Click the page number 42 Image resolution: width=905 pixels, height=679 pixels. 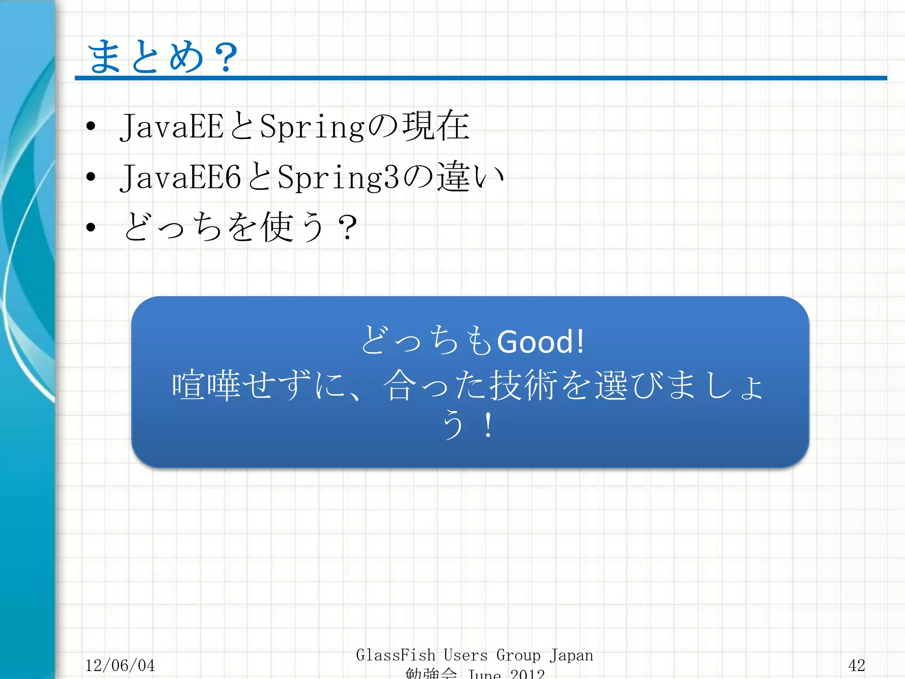pos(856,665)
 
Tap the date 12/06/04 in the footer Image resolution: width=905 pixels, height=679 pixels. pos(120,665)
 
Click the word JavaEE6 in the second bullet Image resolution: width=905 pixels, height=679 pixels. pos(180,177)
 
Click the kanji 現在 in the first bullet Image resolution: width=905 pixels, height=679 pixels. pos(436,126)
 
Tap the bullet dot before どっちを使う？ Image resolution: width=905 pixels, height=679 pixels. pos(91,227)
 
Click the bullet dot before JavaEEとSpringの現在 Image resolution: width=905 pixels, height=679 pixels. pos(91,126)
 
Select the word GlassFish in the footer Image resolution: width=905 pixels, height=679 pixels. pos(395,655)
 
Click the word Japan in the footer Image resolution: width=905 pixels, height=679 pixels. pos(571,655)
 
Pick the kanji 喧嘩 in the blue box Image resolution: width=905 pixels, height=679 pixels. pos(206,385)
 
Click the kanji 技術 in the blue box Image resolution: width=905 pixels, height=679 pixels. pos(524,385)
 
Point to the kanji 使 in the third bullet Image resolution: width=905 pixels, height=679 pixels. pos(277,227)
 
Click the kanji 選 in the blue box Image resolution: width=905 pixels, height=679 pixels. pos(611,385)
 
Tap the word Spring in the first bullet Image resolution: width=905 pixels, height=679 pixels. pos(312,126)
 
